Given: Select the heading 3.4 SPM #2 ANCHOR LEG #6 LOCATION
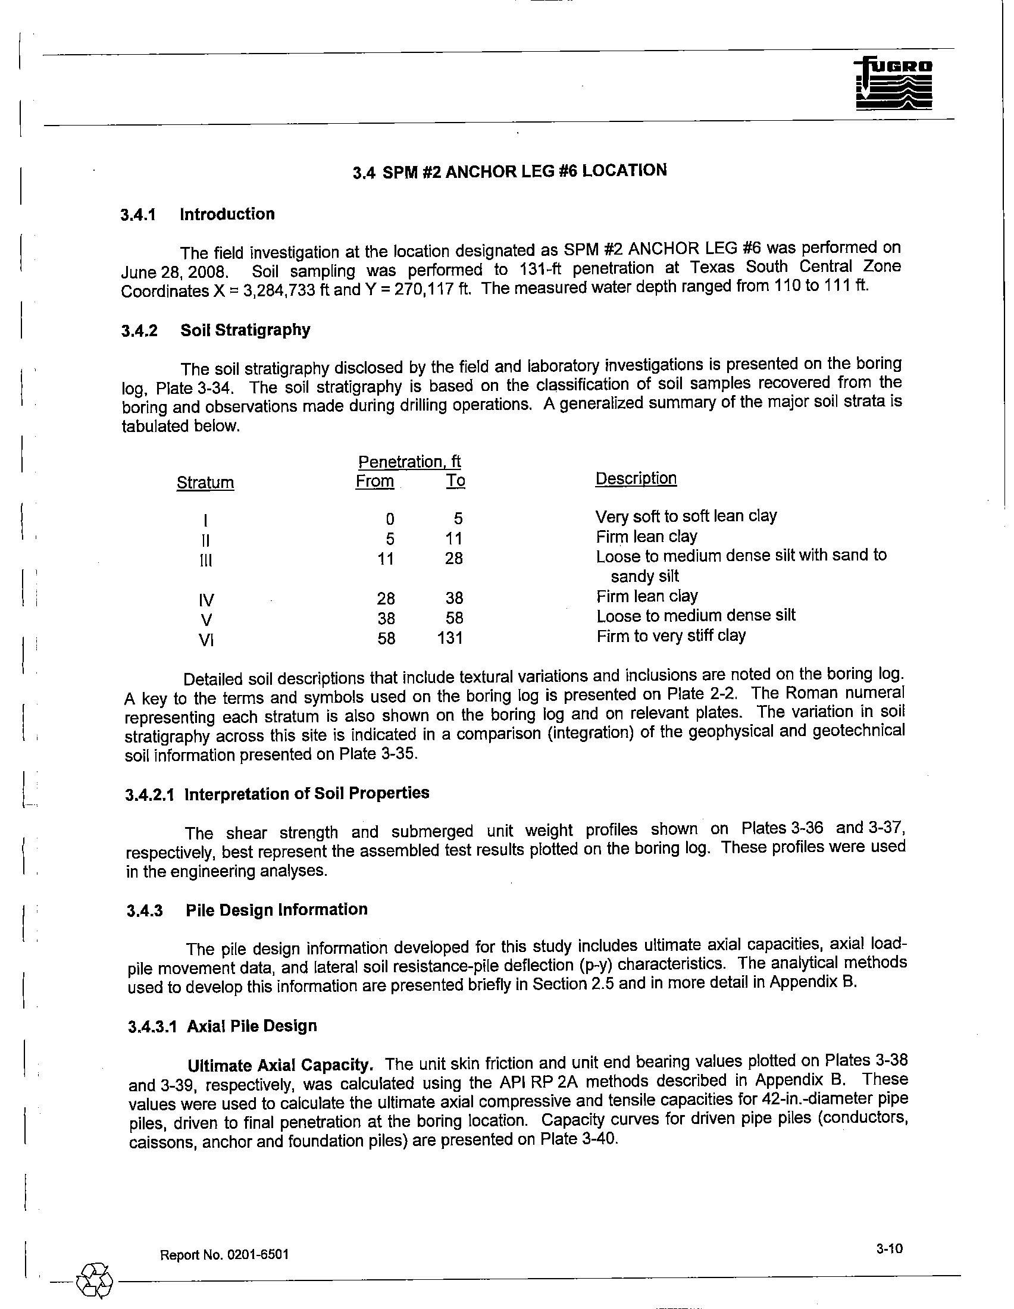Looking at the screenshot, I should (509, 171).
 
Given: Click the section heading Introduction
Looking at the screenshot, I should (227, 214).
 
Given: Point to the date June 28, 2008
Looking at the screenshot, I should (172, 272).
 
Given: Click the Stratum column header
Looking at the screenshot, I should (205, 483).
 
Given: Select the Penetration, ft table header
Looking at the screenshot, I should (409, 462).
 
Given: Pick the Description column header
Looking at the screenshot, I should (636, 478).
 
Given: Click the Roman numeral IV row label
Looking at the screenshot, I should (206, 600).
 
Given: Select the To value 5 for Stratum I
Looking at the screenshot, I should (458, 518).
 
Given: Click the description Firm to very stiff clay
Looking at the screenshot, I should (671, 635).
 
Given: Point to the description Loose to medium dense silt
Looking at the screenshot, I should (696, 616).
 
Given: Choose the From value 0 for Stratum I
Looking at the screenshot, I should (390, 518).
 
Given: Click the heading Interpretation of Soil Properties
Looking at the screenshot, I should (307, 794).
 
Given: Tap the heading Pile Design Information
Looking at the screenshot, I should (276, 910).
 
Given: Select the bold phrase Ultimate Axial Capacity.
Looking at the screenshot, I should (281, 1065).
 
